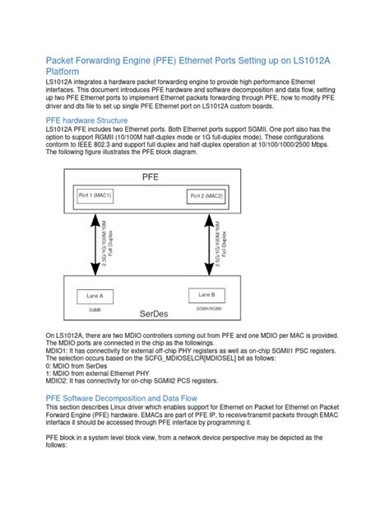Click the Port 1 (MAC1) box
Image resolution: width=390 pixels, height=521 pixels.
point(95,195)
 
